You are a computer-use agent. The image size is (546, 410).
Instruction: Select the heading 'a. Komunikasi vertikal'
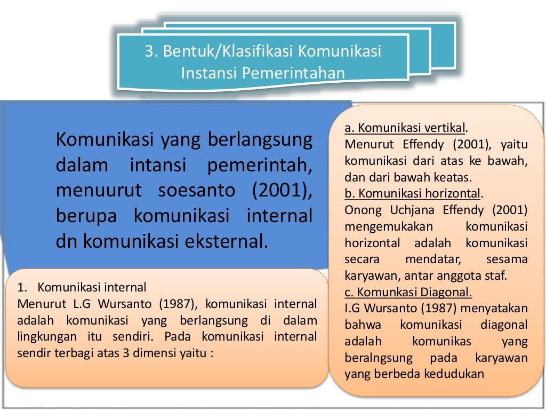[x=405, y=128]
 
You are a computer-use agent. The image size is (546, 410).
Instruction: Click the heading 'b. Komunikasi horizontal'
[x=413, y=193]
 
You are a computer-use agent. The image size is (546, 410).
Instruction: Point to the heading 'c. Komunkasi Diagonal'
[x=408, y=292]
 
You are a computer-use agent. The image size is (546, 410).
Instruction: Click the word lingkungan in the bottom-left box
[x=44, y=337]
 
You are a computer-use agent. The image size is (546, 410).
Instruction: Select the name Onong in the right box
[x=363, y=210]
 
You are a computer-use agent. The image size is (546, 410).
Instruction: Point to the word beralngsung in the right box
[x=379, y=358]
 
